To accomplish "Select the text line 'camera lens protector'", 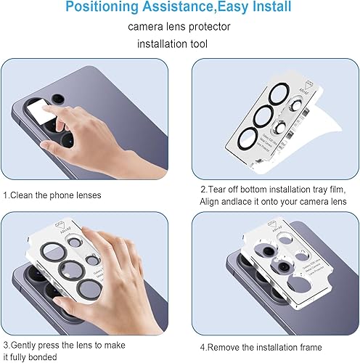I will [x=179, y=27].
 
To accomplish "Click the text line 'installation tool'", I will [x=179, y=44].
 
